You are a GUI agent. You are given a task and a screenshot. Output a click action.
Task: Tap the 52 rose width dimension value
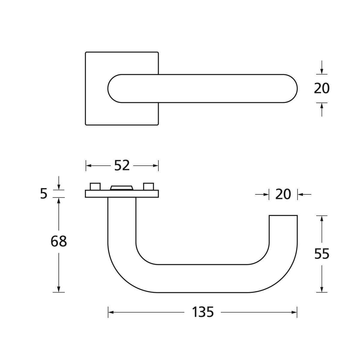[x=122, y=165]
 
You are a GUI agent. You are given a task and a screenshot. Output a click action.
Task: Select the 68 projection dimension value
[x=59, y=241]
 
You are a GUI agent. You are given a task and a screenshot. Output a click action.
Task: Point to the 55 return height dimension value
[x=322, y=254]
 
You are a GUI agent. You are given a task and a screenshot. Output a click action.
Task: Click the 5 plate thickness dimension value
[x=44, y=193]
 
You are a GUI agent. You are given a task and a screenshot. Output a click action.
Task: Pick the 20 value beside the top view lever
[x=322, y=88]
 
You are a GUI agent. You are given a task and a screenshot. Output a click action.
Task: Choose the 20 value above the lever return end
[x=283, y=194]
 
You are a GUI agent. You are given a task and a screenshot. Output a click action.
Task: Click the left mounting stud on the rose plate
[x=95, y=186]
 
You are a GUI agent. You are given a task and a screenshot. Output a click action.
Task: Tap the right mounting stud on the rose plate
[x=148, y=186]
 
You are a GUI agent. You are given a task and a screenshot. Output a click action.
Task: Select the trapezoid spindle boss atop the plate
[x=121, y=188]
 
